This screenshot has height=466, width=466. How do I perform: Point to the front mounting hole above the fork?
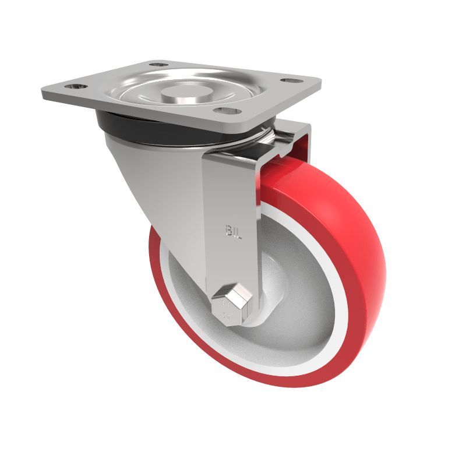click(x=225, y=111)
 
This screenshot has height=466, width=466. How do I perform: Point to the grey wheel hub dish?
click(x=291, y=303)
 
